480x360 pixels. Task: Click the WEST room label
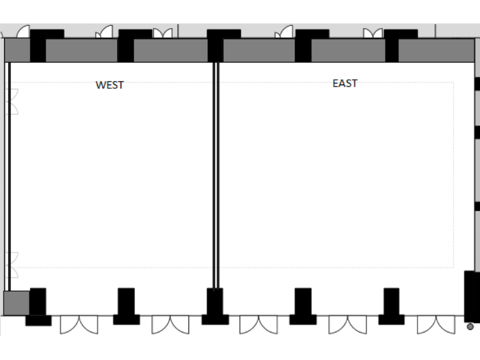(x=110, y=85)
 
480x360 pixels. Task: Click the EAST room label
(x=345, y=83)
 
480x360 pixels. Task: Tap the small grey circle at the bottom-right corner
(x=470, y=326)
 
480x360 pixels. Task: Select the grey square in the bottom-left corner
(x=17, y=303)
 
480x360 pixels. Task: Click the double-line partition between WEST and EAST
(x=216, y=175)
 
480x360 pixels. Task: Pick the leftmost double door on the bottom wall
(x=79, y=325)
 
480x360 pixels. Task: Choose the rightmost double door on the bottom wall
(x=436, y=325)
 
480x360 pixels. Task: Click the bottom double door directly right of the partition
(x=259, y=325)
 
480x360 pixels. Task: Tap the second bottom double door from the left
(x=170, y=325)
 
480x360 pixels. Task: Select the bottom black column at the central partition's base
(x=215, y=306)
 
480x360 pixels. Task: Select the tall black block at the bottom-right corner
(x=472, y=296)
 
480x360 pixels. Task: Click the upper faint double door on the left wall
(x=13, y=101)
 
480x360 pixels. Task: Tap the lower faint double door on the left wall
(x=13, y=265)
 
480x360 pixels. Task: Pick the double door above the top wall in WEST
(x=163, y=33)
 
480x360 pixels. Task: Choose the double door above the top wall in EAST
(x=373, y=33)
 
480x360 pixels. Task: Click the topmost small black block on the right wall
(x=477, y=84)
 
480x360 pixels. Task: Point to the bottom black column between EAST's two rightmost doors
(x=391, y=306)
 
